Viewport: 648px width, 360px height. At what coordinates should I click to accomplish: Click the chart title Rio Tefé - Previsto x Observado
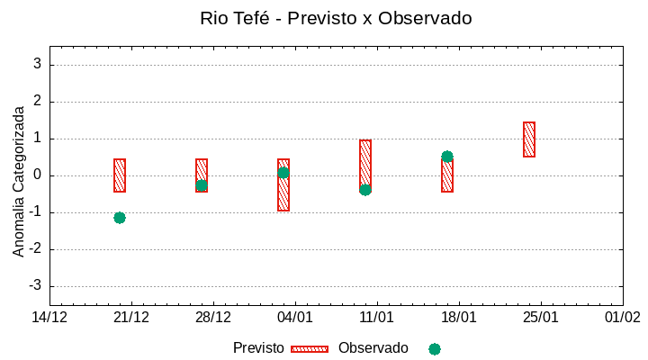[336, 18]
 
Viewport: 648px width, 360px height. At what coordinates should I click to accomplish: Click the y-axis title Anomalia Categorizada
[19, 181]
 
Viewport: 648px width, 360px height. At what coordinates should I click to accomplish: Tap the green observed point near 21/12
[120, 218]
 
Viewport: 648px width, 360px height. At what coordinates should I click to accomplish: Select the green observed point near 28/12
[202, 185]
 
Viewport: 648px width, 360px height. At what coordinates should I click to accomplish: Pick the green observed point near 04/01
[283, 173]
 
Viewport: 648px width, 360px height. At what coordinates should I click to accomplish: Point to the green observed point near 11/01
[365, 190]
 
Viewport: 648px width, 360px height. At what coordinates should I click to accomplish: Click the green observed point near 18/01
[447, 157]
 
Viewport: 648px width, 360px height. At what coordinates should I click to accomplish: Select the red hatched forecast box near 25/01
[529, 139]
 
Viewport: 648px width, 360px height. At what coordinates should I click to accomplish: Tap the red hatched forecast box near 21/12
[120, 175]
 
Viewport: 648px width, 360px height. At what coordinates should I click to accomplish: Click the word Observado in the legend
[373, 348]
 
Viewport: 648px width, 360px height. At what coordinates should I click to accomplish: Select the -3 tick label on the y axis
[35, 286]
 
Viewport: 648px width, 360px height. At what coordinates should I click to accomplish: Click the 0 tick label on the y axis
[38, 175]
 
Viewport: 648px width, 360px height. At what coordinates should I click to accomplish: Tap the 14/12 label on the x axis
[50, 318]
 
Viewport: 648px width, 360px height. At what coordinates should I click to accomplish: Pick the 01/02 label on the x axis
[622, 318]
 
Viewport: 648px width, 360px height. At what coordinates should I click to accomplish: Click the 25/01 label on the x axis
[540, 318]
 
